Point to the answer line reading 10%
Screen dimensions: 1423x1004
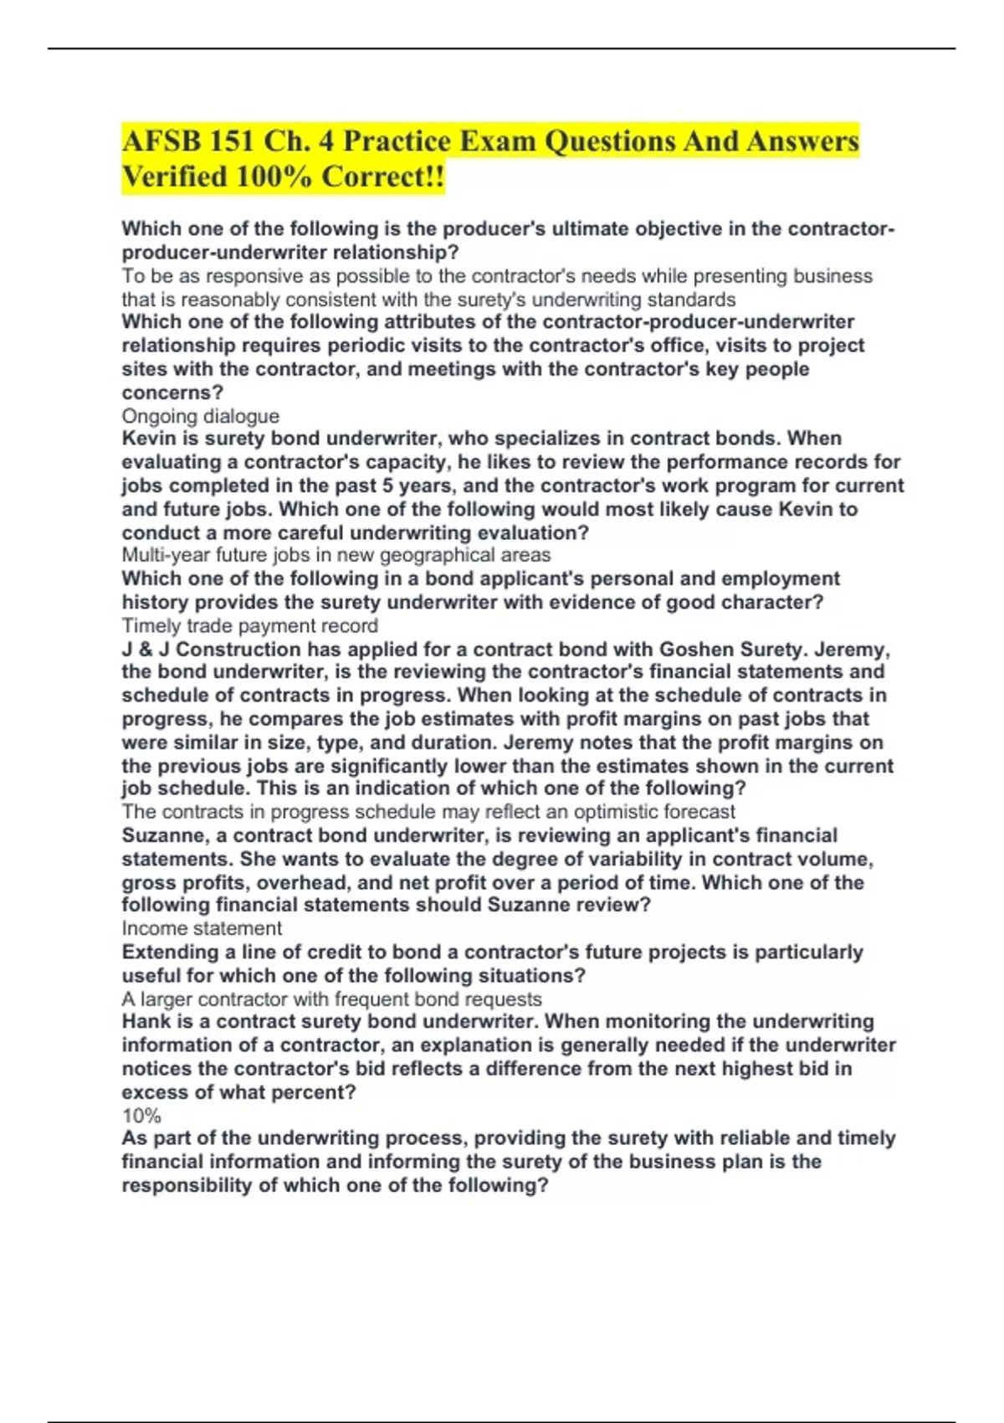click(141, 1116)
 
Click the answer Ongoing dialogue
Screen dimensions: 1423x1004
click(200, 416)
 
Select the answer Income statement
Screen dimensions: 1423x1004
click(202, 928)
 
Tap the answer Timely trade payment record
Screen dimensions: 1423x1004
click(249, 626)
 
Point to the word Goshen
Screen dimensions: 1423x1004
click(699, 650)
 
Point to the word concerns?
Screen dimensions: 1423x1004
click(172, 393)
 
